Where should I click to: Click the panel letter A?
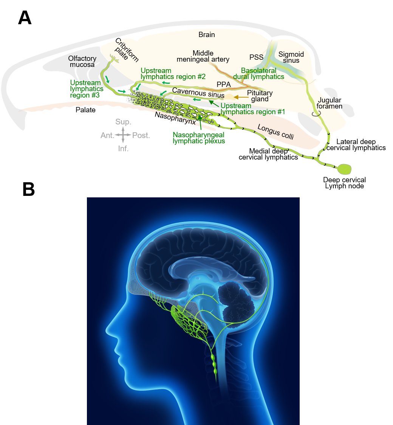25,18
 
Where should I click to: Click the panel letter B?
29,189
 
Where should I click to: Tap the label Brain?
206,35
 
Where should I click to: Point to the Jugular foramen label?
330,103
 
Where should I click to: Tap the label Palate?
85,110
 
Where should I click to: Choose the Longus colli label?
275,132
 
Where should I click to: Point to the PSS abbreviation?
256,57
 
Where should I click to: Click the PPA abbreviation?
224,84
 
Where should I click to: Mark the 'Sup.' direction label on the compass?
123,122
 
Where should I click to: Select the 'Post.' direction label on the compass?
141,135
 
